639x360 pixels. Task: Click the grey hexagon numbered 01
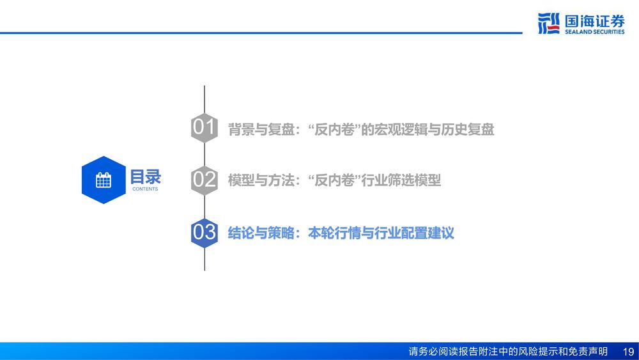[204, 128]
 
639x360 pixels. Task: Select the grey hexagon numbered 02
[204, 180]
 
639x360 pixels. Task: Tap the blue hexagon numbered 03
[204, 233]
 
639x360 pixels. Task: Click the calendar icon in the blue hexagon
[104, 180]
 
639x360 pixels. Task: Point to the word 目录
[146, 177]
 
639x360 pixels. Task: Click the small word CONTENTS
[145, 189]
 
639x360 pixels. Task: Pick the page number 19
[628, 351]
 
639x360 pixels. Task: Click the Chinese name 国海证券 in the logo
[594, 21]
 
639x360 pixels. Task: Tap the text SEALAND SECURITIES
[594, 32]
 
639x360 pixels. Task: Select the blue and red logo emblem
[548, 23]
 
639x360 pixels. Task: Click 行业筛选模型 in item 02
[401, 180]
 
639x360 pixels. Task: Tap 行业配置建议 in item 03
[415, 233]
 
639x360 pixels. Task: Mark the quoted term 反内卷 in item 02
[335, 180]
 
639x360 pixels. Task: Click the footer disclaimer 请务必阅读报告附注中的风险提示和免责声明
[508, 351]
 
